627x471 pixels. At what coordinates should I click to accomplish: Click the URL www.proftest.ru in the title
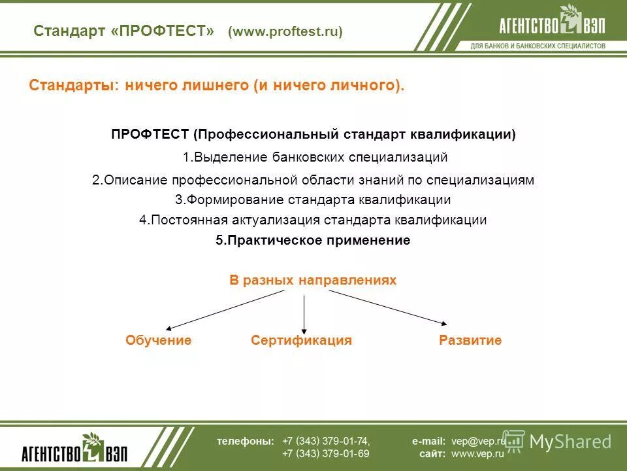pyautogui.click(x=285, y=32)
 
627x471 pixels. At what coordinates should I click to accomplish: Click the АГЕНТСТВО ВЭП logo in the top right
pyautogui.click(x=551, y=24)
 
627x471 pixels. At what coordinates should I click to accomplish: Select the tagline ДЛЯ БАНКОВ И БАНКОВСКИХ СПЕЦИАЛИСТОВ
pyautogui.click(x=538, y=46)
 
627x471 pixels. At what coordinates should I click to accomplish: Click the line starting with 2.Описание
pyautogui.click(x=313, y=180)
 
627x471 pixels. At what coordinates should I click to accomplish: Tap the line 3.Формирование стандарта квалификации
pyautogui.click(x=313, y=200)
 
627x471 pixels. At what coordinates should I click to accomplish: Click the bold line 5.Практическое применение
pyautogui.click(x=313, y=240)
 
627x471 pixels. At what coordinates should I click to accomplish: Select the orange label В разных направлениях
pyautogui.click(x=313, y=280)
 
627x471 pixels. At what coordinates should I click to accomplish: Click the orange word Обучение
pyautogui.click(x=158, y=340)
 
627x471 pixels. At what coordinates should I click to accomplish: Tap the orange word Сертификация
pyautogui.click(x=301, y=340)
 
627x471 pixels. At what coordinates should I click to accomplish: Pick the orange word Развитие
pyautogui.click(x=470, y=340)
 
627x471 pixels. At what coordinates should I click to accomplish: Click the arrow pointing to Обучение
pyautogui.click(x=225, y=309)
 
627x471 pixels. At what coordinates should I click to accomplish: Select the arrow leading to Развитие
pyautogui.click(x=389, y=307)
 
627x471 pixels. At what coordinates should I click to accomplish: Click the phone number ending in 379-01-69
pyautogui.click(x=326, y=453)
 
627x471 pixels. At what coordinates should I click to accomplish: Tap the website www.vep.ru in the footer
pyautogui.click(x=477, y=453)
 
